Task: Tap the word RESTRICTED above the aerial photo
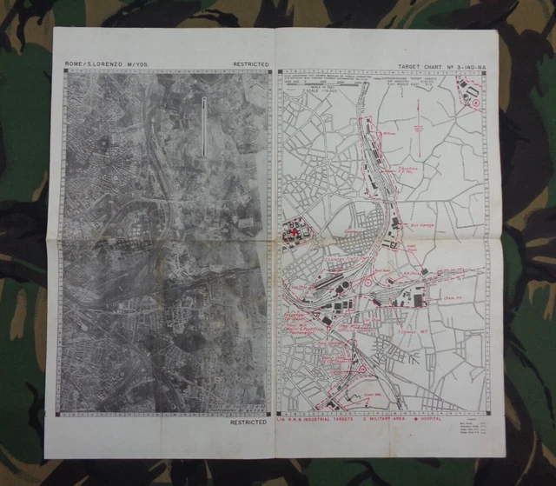click(x=251, y=64)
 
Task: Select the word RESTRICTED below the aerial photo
click(x=248, y=423)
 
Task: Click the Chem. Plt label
click(x=451, y=296)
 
